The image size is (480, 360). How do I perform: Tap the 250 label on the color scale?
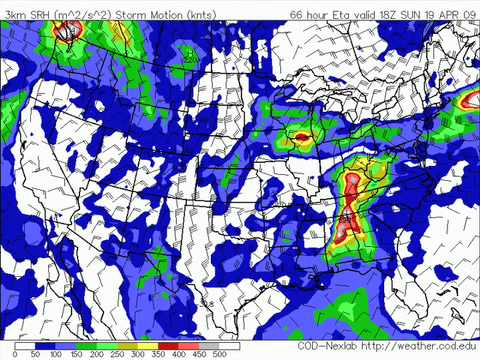[118, 355]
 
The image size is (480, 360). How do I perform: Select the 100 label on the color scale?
[56, 355]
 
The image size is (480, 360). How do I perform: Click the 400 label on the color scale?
[179, 355]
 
